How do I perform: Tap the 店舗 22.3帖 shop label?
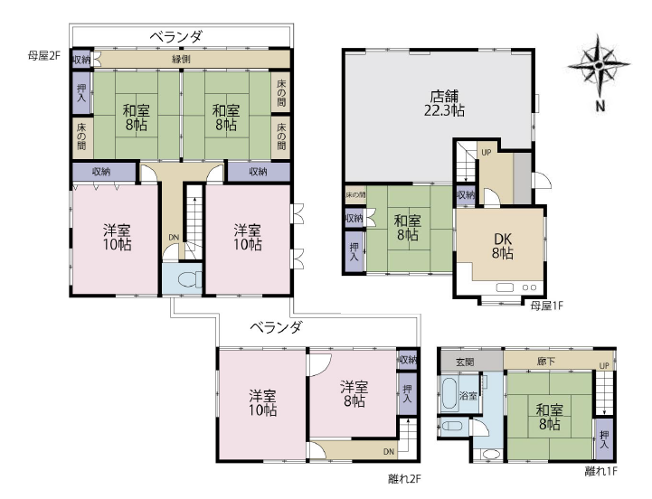pos(445,104)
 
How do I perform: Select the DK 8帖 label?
pos(502,246)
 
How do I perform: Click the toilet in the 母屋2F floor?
pos(190,279)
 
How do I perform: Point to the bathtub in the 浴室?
pos(449,393)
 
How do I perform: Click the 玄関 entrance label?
pos(465,362)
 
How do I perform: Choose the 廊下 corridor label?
pos(545,362)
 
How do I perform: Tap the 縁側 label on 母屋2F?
pos(181,59)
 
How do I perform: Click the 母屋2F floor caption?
pos(44,56)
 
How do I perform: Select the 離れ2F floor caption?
pos(404,479)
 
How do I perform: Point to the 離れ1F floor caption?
pos(600,471)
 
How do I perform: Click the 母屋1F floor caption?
pos(547,306)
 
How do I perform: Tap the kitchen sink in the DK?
pos(506,287)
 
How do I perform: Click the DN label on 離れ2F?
pos(389,452)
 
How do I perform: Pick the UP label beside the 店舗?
pos(487,153)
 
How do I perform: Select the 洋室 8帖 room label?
pos(354,394)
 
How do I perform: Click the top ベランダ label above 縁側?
pos(176,36)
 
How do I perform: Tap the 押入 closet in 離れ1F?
pos(604,438)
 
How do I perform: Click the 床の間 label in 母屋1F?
pos(355,194)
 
